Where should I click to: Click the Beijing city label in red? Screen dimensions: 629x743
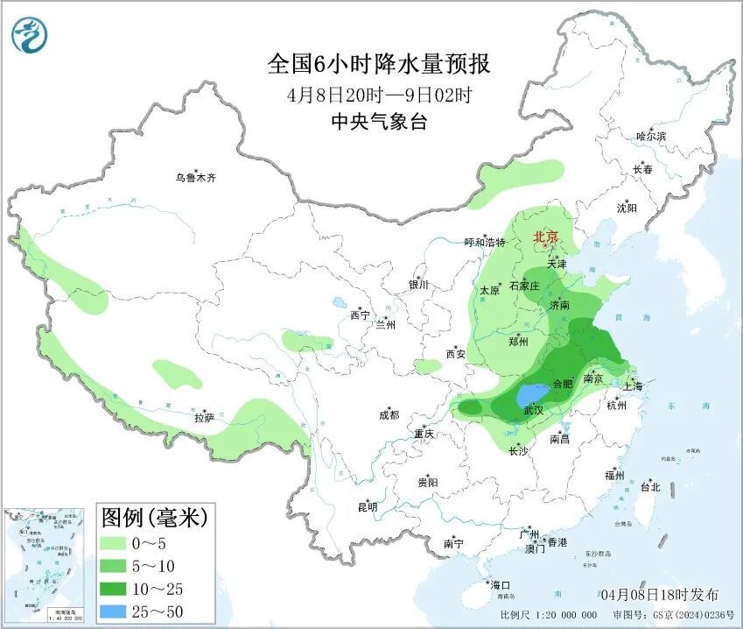tap(546, 237)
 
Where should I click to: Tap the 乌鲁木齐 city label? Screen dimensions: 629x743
tap(194, 178)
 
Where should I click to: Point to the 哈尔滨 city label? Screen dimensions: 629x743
tap(651, 137)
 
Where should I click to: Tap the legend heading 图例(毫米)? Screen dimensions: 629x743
tap(153, 518)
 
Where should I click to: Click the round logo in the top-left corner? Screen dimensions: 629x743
tap(30, 35)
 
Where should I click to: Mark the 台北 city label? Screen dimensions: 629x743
tap(650, 487)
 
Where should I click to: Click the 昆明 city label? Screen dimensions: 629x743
tap(368, 507)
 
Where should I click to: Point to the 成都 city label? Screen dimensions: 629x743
tap(389, 415)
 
